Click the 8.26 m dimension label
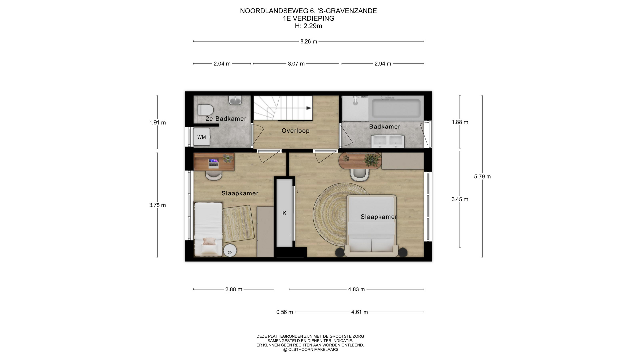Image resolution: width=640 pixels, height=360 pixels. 309,42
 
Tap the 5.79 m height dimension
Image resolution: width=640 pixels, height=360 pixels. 482,177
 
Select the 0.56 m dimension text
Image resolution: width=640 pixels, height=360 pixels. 285,312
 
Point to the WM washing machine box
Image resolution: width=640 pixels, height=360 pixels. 202,137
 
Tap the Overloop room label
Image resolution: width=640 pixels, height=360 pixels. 296,131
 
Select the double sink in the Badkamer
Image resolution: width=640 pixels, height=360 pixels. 388,141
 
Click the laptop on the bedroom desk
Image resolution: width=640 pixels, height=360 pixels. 213,163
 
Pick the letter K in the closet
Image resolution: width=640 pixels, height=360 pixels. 284,213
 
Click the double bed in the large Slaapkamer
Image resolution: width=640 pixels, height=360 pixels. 371,226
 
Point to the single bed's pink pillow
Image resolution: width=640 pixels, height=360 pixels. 209,241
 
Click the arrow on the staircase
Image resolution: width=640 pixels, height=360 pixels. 309,108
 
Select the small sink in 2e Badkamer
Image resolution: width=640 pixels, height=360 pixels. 235,100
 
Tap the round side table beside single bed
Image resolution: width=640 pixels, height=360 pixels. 230,251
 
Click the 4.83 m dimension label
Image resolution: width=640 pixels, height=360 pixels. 356,289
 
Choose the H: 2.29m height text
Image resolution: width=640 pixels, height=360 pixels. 309,26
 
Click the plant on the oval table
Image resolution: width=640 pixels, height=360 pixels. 372,160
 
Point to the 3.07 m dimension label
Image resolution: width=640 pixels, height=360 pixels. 296,64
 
